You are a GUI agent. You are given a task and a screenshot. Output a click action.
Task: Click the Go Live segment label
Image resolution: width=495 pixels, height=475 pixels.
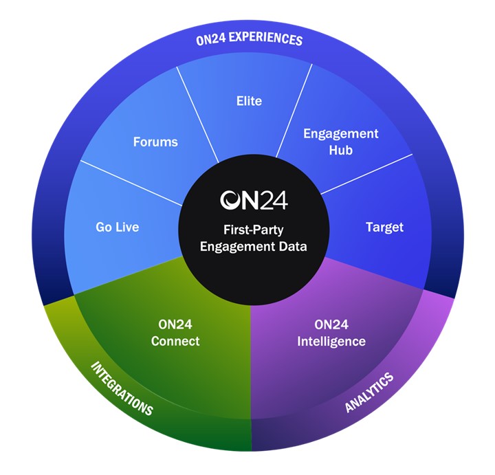tap(117, 226)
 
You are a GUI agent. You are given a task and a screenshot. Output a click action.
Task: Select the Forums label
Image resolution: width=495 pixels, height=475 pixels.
tap(155, 142)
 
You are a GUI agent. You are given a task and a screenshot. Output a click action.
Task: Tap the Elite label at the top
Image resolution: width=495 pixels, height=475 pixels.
tap(248, 100)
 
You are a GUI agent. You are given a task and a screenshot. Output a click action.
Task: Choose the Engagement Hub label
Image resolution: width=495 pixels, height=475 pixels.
tap(340, 141)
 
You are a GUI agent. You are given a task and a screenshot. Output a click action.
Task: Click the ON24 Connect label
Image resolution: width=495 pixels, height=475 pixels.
tap(175, 333)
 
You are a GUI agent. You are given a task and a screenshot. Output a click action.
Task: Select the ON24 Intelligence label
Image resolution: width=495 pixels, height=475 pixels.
tap(330, 333)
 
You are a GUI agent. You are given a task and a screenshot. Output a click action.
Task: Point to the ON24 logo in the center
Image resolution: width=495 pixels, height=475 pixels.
tap(254, 199)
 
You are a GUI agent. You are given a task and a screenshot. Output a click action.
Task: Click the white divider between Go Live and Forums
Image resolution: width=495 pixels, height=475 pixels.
tap(131, 182)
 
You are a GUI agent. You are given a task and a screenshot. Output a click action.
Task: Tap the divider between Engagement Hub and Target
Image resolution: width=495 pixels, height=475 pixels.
tap(368, 175)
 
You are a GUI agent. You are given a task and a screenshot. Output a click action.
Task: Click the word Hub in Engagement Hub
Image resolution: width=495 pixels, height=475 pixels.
tap(340, 149)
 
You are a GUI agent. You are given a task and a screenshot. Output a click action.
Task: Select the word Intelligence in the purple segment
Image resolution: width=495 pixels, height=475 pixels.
tap(330, 341)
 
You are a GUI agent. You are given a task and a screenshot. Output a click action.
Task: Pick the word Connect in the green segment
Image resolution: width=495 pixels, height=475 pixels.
tap(175, 341)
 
